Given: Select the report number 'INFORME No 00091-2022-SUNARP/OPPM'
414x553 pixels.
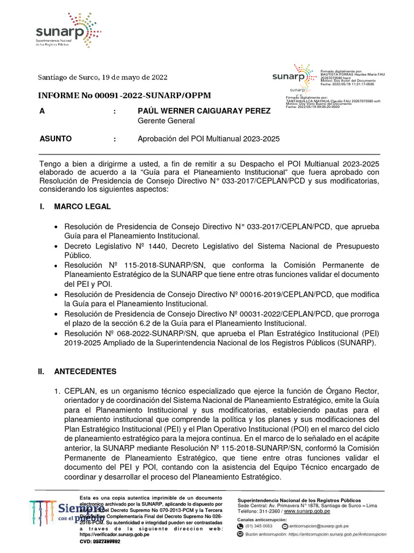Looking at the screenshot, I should [x=124, y=96].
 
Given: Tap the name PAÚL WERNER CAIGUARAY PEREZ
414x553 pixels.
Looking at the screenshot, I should [x=204, y=111].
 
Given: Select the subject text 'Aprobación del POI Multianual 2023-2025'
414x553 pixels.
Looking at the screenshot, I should [x=209, y=139].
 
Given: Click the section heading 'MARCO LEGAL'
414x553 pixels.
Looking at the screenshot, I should [x=82, y=206].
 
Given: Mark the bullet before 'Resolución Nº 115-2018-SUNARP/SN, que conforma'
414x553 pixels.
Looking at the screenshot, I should [x=56, y=266].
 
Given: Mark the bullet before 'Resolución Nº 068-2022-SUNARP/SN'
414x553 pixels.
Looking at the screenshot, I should [x=56, y=334].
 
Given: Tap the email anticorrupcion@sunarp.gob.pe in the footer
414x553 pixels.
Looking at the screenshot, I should [x=319, y=525].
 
